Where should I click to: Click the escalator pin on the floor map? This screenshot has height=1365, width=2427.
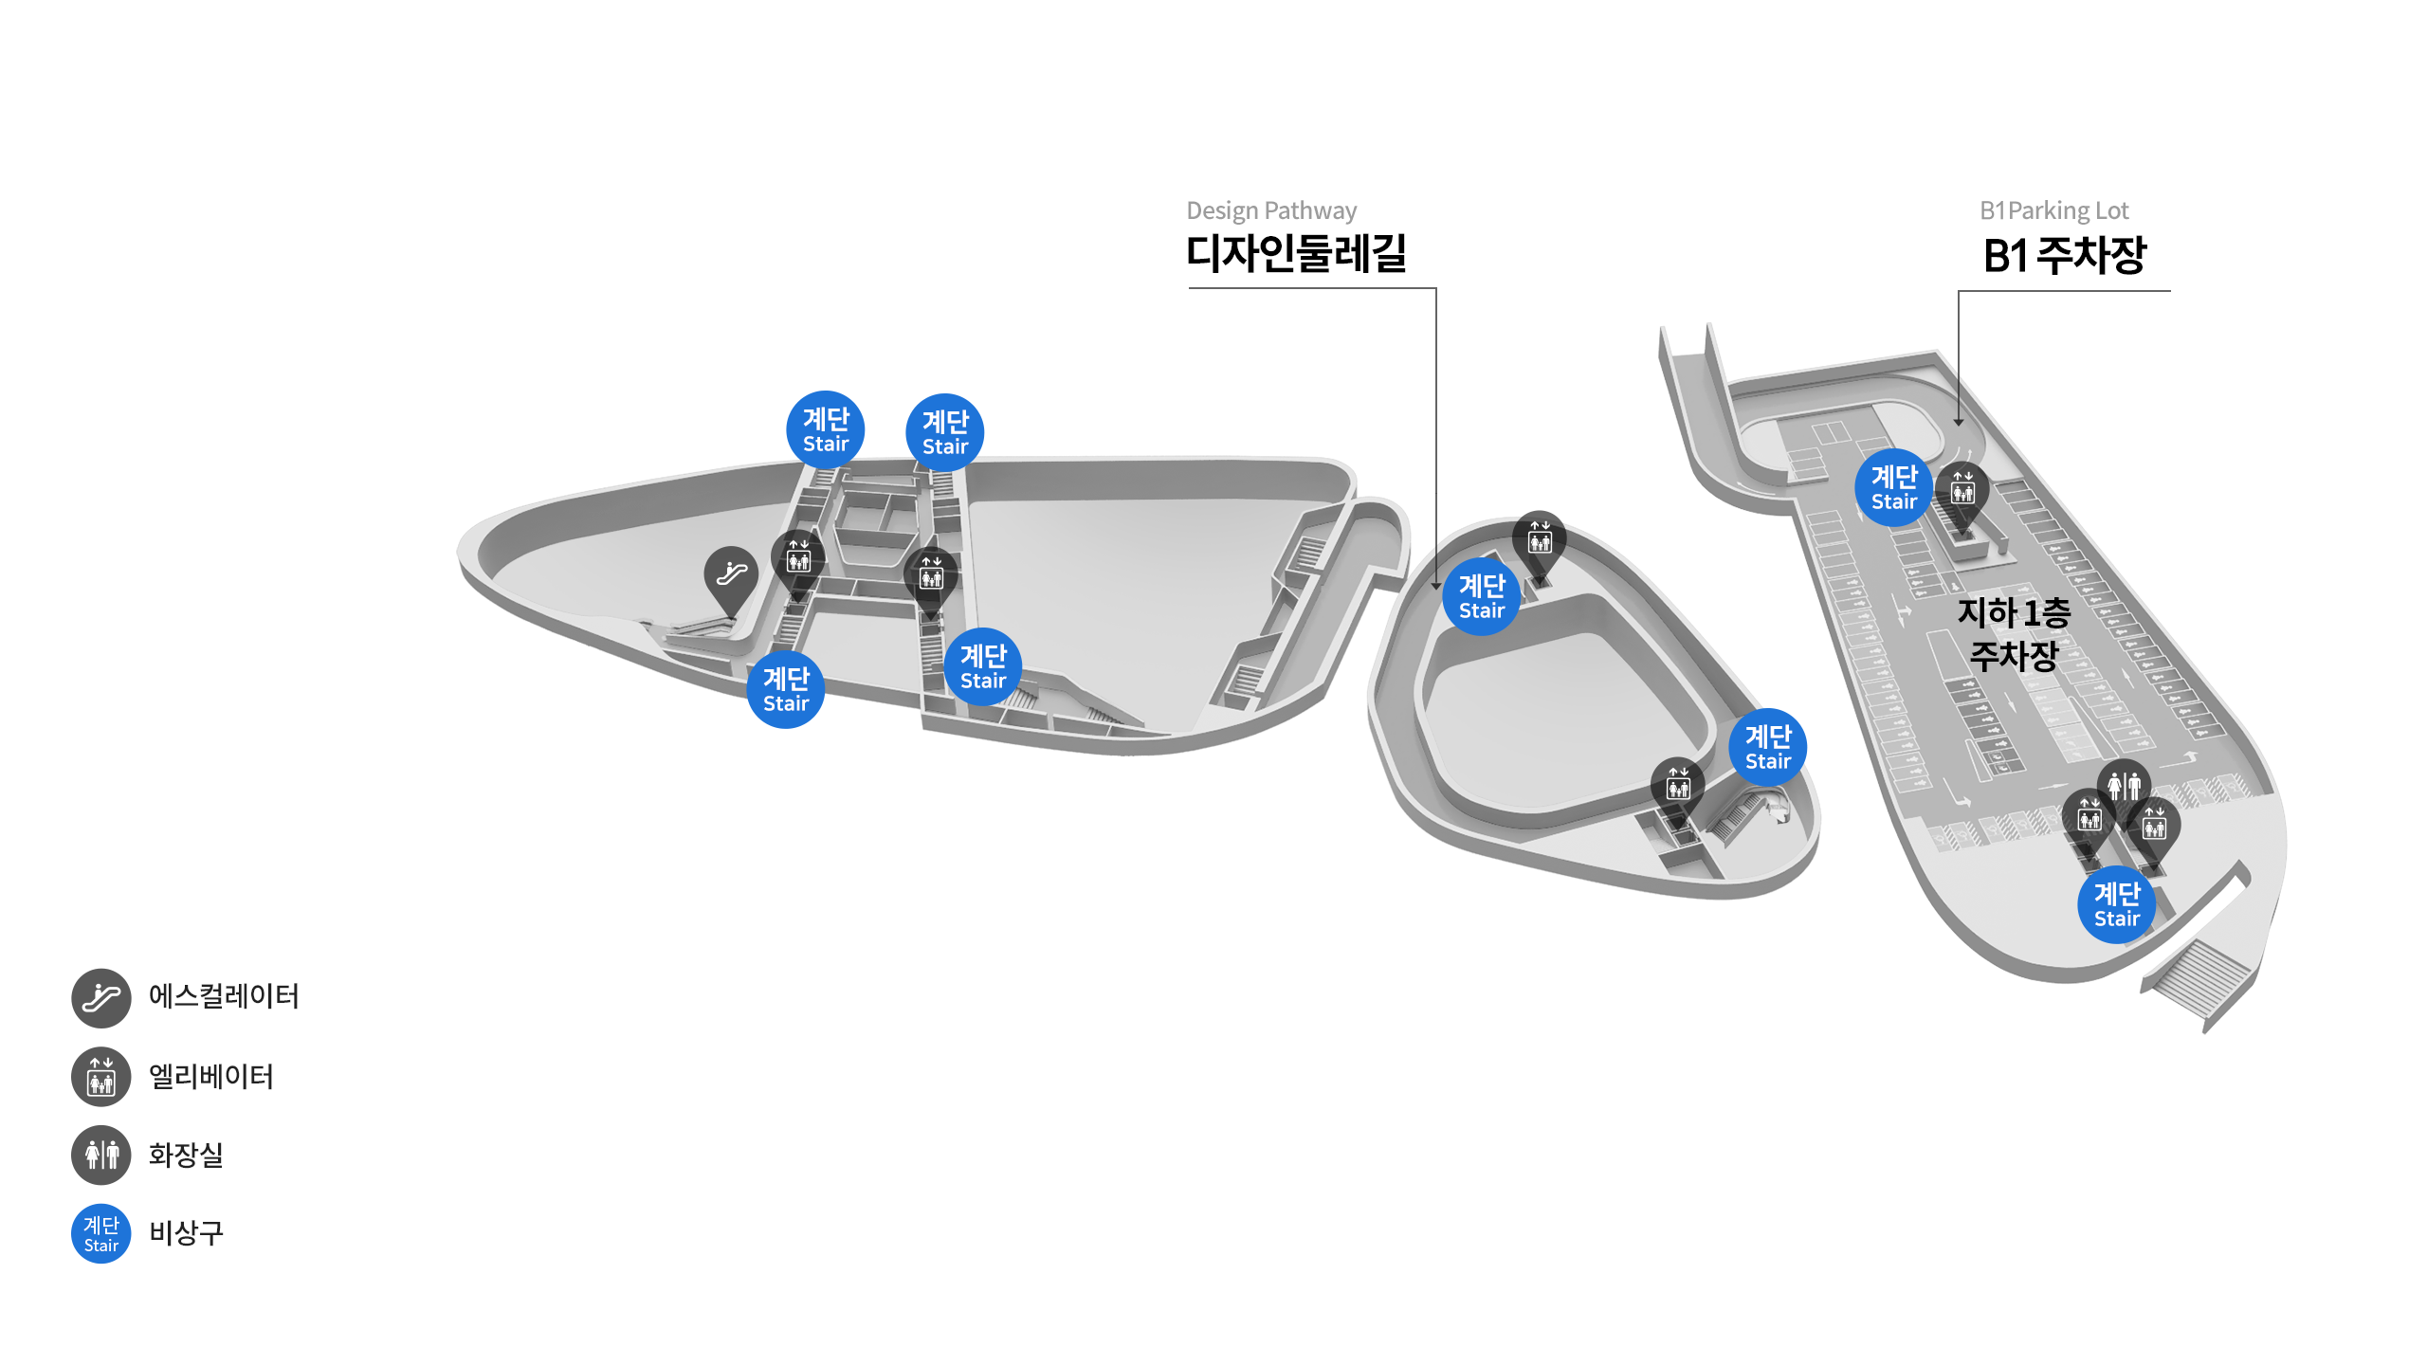(731, 573)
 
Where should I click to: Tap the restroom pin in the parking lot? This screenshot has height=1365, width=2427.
(2124, 786)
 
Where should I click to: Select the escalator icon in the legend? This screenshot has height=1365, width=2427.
(101, 998)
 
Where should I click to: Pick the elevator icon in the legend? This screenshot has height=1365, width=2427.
(101, 1077)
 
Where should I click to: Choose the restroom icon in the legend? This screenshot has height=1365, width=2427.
(101, 1155)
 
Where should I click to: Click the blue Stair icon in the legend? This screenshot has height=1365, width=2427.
(101, 1233)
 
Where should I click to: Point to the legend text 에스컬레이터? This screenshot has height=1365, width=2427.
(224, 996)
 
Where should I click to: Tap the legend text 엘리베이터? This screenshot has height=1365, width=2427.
(211, 1077)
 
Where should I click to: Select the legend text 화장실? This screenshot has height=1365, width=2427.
(186, 1155)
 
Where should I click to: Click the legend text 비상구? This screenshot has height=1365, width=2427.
(186, 1232)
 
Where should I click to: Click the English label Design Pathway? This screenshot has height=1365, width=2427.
(1271, 210)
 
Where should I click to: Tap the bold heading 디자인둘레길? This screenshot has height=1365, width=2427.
(1296, 253)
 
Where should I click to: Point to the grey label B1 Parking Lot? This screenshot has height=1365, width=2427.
(2053, 210)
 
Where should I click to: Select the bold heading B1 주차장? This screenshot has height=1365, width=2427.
(2064, 255)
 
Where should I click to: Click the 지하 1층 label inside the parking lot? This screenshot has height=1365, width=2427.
(2014, 612)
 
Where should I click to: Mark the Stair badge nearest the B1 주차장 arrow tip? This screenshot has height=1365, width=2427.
(1893, 487)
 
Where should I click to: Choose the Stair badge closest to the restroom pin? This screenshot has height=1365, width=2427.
(2116, 904)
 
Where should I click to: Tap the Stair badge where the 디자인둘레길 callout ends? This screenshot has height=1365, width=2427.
(1481, 596)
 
